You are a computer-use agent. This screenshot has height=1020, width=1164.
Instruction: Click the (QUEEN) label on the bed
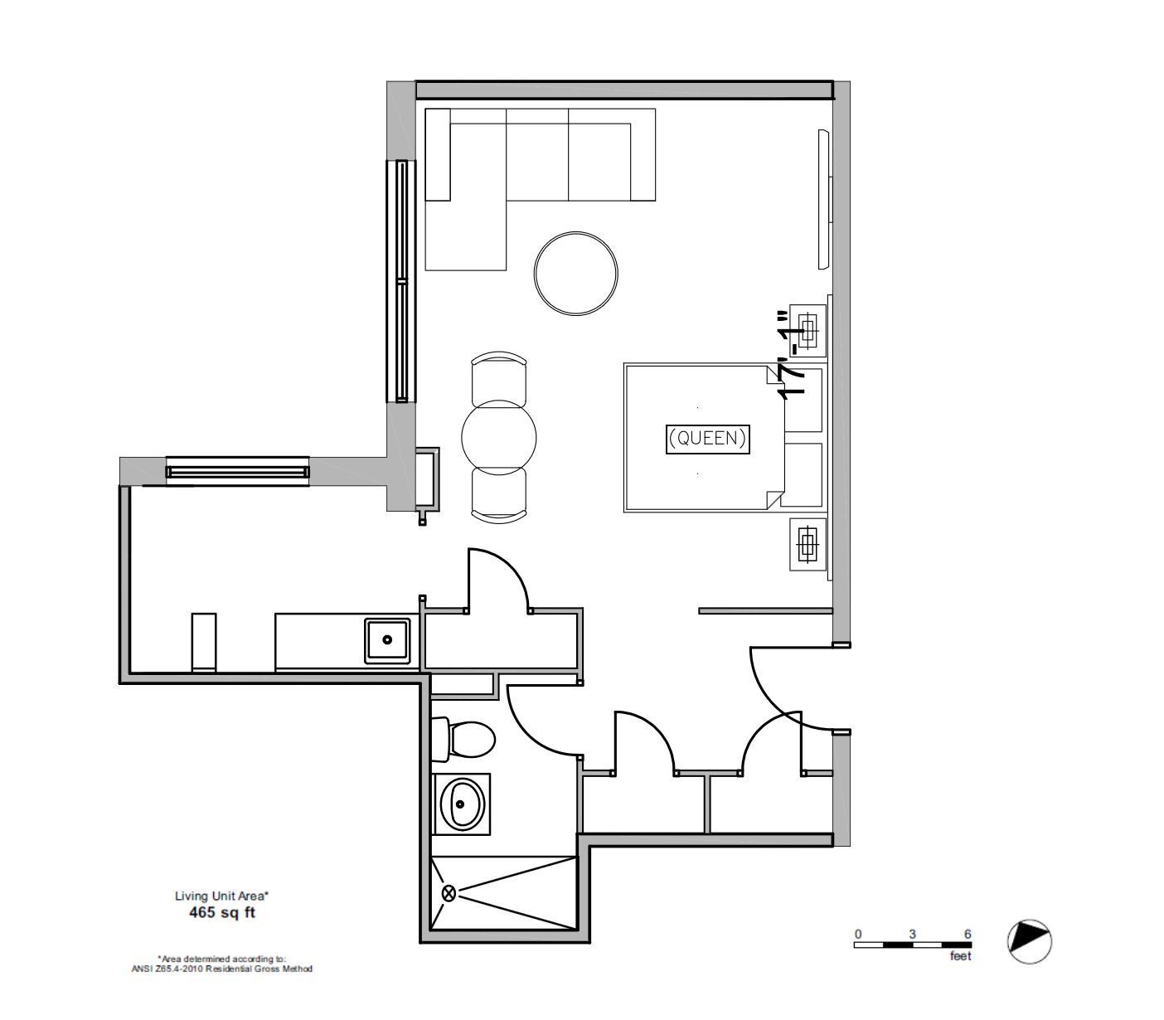point(707,439)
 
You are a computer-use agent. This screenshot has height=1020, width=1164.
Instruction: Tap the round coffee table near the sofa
point(575,274)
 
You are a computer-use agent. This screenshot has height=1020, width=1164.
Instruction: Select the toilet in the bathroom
point(463,739)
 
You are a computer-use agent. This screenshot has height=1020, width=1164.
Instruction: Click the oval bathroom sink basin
point(461,804)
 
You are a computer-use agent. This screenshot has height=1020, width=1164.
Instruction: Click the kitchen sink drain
point(387,639)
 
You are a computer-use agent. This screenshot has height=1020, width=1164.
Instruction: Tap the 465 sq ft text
point(221,912)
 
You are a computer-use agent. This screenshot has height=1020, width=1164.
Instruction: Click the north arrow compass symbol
point(1029,941)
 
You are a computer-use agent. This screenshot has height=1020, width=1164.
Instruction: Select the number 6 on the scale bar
point(968,934)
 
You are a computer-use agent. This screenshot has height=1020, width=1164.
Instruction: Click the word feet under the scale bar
point(960,956)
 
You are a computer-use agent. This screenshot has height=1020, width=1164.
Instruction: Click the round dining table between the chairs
point(499,438)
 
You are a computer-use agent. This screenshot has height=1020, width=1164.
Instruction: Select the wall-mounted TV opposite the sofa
point(824,199)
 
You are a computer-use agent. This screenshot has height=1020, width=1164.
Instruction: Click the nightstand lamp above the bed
point(808,330)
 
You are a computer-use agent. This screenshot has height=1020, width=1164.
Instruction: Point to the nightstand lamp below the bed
point(808,544)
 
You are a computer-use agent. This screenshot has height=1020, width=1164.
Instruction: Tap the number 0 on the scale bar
point(858,934)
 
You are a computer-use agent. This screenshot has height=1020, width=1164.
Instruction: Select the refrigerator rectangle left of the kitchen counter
point(204,642)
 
